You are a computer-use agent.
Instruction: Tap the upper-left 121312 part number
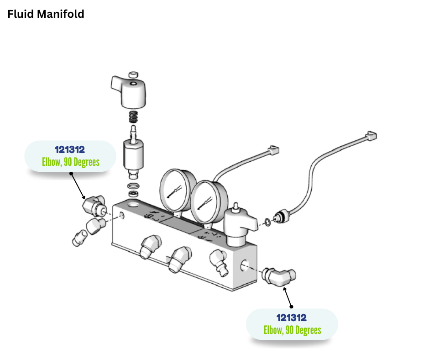pos(70,149)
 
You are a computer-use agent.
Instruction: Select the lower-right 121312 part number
pos(292,318)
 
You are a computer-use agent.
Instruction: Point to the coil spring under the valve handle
pos(133,117)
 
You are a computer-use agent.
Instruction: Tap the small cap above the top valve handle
pos(133,74)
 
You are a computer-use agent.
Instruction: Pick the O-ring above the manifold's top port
pos(133,186)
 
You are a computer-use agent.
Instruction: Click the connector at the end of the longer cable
pos(371,136)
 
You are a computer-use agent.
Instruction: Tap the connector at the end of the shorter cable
pos(273,150)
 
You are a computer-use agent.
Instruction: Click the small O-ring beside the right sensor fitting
pos(268,222)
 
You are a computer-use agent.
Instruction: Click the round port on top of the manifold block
pos(133,204)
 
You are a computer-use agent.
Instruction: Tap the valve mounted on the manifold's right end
pos(239,225)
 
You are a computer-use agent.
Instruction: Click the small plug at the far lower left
pos(79,238)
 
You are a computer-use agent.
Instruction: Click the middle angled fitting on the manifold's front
pos(179,259)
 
